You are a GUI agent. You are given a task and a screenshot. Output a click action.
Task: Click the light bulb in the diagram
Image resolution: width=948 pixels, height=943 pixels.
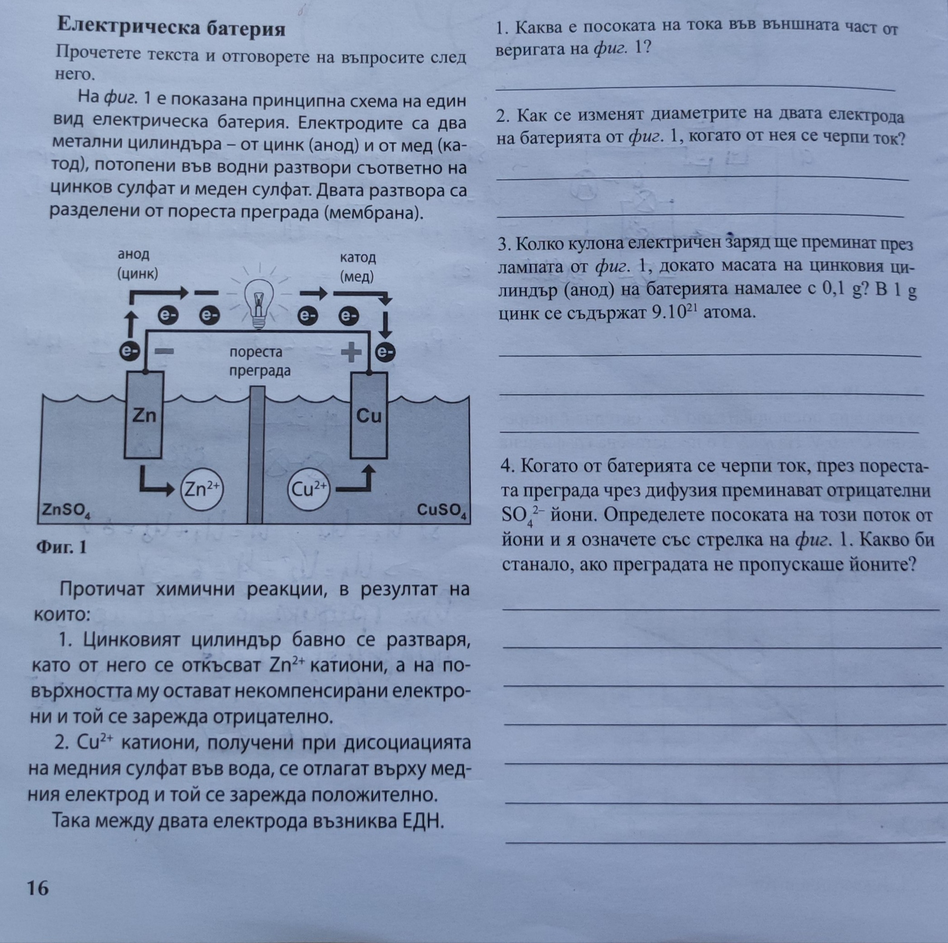click(259, 303)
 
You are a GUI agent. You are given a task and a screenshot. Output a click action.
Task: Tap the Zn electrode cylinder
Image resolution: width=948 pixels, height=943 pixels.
click(143, 414)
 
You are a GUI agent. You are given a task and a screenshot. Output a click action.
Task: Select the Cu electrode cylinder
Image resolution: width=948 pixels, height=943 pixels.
click(368, 415)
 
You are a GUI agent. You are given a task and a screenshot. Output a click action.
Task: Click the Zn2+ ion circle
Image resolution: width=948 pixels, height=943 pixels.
click(202, 488)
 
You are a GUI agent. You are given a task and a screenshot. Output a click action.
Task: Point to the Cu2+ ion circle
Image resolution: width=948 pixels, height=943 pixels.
click(309, 489)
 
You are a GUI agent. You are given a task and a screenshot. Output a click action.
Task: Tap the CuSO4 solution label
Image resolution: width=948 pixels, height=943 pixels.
click(442, 510)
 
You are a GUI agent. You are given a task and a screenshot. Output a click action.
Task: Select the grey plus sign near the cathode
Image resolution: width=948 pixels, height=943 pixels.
click(351, 352)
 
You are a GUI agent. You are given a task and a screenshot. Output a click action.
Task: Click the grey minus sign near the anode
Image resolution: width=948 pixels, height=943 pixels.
click(164, 351)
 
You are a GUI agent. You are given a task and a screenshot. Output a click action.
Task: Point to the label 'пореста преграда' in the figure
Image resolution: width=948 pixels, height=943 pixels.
click(260, 361)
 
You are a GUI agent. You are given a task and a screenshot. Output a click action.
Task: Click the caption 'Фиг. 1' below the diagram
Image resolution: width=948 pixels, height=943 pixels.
click(62, 546)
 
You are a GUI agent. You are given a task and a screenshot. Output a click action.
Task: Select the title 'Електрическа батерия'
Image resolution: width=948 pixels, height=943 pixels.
click(171, 28)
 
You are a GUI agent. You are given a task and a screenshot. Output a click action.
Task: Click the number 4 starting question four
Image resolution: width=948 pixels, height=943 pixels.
click(506, 466)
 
